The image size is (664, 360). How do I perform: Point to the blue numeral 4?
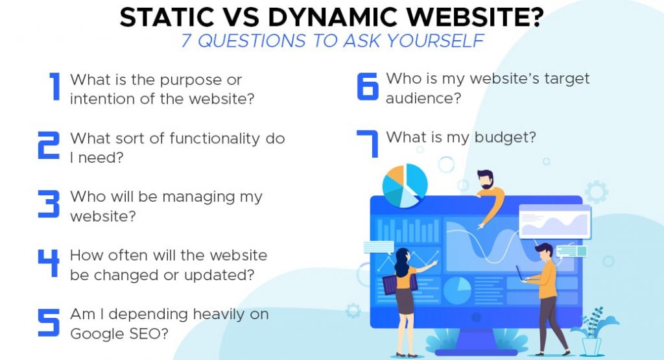(x=49, y=263)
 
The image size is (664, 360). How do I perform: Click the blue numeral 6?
(x=368, y=87)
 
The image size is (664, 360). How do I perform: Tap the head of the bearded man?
(x=484, y=180)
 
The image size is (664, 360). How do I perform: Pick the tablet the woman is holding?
(x=391, y=283)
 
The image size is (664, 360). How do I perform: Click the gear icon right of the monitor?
(x=596, y=192)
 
